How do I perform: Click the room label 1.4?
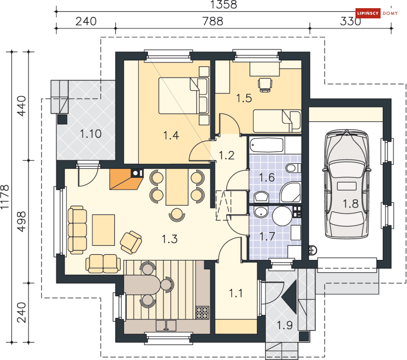click(171, 135)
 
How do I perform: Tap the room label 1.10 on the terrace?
click(90, 134)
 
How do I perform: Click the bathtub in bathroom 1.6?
click(267, 145)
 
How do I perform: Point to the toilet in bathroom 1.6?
click(293, 168)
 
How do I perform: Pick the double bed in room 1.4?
click(184, 96)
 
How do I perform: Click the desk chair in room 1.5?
click(265, 85)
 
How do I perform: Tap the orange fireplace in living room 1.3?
click(126, 179)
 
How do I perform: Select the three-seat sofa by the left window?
click(77, 230)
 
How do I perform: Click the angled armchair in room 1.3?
click(131, 242)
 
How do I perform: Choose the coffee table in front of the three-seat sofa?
click(103, 230)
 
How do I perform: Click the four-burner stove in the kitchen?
click(202, 313)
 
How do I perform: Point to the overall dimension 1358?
click(223, 4)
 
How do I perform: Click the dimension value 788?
click(213, 21)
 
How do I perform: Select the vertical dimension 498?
click(21, 221)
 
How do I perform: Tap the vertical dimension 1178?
click(4, 197)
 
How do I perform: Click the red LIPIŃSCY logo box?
click(368, 13)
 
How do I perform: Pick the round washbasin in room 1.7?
click(261, 212)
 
